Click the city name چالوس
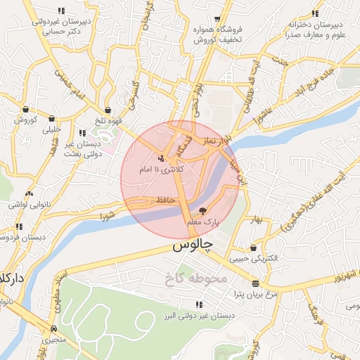[191, 247]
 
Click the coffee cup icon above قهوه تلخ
[108, 110]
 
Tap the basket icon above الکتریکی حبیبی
[253, 247]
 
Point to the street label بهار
[254, 221]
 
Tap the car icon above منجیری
[54, 328]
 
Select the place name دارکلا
[12, 278]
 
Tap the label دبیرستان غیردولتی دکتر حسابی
[60, 26]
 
